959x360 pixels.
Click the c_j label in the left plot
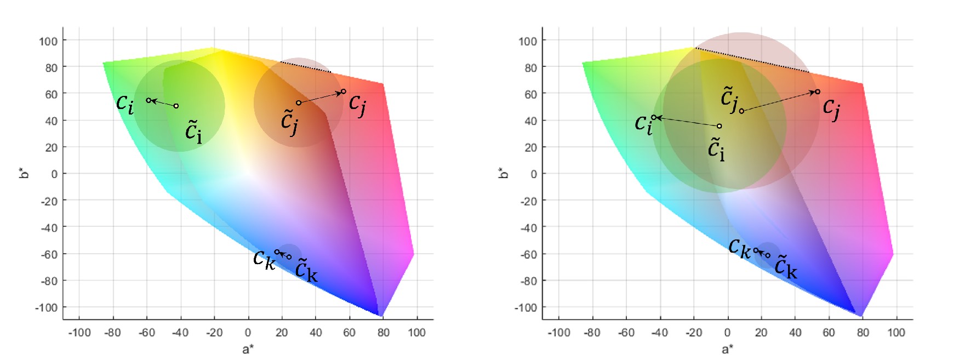click(x=357, y=105)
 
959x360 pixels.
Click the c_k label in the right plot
click(x=739, y=248)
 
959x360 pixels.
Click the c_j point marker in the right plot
click(x=818, y=92)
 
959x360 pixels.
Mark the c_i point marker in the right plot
click(x=654, y=117)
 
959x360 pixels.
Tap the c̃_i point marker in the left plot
click(x=176, y=106)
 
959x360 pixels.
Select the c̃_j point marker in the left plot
click(x=299, y=103)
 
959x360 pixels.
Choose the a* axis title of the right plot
click(x=727, y=349)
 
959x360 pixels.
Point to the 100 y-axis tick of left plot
click(x=48, y=41)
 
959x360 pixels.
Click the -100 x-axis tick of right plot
click(x=558, y=332)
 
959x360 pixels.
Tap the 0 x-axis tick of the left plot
click(x=248, y=332)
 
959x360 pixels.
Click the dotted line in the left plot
click(x=305, y=67)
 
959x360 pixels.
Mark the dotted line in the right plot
click(x=752, y=60)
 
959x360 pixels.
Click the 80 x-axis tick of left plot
click(x=383, y=332)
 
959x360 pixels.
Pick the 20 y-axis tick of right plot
click(x=530, y=147)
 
